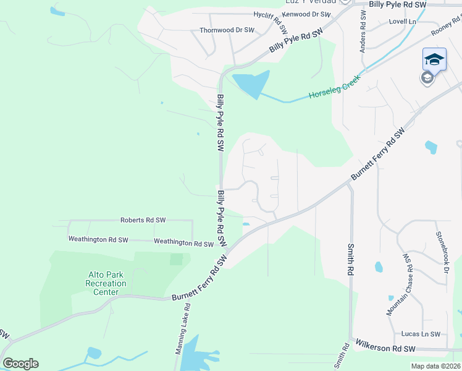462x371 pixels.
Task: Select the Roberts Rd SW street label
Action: (143, 220)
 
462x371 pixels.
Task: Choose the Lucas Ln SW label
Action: (421, 334)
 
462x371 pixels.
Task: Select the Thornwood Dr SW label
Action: (227, 30)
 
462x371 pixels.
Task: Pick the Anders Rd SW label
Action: (363, 33)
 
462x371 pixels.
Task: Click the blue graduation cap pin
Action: (434, 59)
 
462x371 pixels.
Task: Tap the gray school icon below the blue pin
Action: (427, 78)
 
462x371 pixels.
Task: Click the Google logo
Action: (20, 364)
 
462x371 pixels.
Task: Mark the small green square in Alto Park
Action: (176, 258)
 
